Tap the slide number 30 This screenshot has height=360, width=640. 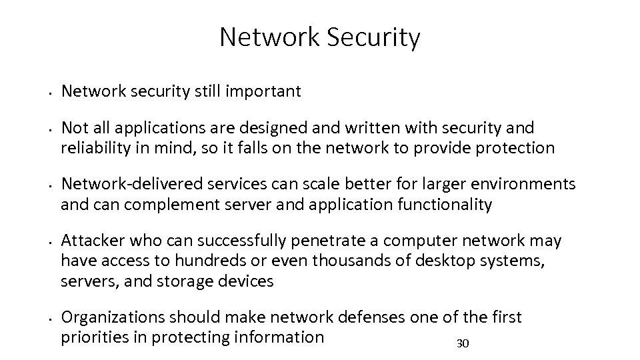[463, 344]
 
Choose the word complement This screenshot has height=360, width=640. [159, 204]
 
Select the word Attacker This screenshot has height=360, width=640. [90, 240]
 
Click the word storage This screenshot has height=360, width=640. [186, 281]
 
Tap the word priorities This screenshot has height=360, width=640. [103, 337]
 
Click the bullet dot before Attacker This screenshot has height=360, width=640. [51, 241]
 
